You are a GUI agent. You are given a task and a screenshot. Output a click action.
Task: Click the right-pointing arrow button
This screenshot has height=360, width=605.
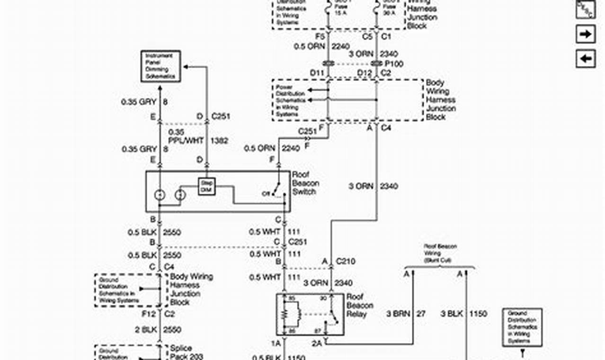click(585, 34)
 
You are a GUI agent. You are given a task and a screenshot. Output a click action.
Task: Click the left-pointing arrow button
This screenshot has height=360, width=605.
click(585, 59)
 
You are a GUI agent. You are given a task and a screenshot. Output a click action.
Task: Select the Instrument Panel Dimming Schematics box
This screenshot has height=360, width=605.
click(160, 66)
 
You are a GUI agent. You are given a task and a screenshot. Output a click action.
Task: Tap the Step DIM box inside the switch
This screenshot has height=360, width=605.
click(206, 187)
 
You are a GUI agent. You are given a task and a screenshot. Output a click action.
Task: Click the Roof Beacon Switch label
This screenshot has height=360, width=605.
click(305, 183)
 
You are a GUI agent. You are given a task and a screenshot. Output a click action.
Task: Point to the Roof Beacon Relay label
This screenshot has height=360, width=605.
click(359, 306)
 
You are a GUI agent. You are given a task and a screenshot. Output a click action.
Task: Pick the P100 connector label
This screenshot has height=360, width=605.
click(394, 63)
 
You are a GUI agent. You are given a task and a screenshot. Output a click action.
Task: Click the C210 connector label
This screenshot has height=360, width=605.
click(346, 261)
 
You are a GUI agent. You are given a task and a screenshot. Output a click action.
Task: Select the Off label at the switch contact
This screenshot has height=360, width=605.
click(266, 193)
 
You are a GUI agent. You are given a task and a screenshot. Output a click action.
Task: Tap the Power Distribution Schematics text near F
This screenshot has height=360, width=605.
click(289, 100)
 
